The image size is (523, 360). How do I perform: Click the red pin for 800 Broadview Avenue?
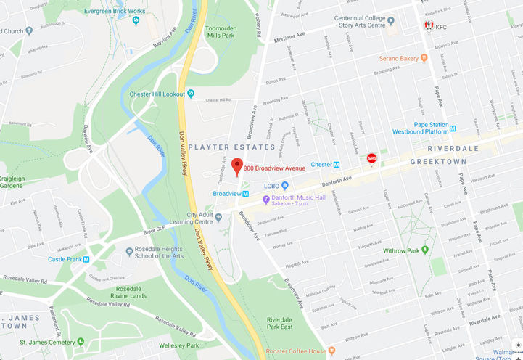pos(236,166)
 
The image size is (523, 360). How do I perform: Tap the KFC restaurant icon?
pos(429,27)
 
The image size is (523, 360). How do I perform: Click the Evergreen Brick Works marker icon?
pos(136,20)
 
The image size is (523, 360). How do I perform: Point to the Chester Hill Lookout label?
pos(157,94)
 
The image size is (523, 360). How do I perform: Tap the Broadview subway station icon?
pos(246,194)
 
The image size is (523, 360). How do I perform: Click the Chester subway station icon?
pos(337,165)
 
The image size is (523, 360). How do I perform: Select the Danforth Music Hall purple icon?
pos(266,199)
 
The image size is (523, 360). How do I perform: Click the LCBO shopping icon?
pos(284,186)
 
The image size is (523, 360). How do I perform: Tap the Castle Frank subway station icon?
pos(87,259)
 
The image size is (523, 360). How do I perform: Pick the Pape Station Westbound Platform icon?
pos(453,126)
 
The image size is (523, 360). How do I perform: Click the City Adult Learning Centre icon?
pos(218,217)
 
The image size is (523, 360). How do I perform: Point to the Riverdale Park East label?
pos(288,324)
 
